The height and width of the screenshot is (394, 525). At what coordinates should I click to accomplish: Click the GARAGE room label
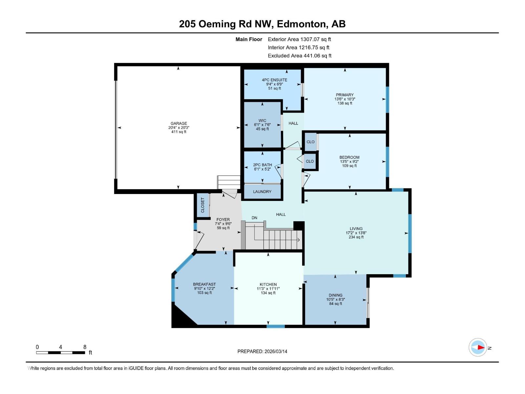[x=178, y=123]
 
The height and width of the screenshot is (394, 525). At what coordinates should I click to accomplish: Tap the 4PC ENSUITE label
[x=274, y=80]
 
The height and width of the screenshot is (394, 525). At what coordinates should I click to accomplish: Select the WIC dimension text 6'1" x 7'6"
[x=262, y=125]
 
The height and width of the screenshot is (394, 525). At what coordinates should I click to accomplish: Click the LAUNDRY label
[x=262, y=191]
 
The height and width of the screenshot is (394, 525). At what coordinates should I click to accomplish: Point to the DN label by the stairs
[x=254, y=218]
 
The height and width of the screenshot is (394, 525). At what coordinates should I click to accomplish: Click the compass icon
[x=478, y=347]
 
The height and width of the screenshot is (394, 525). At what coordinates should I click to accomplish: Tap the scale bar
[x=61, y=353]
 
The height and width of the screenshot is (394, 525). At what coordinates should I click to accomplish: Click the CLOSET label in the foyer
[x=202, y=205]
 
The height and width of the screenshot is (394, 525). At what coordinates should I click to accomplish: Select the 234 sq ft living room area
[x=356, y=237]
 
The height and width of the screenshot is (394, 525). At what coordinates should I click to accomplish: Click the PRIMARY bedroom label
[x=345, y=95]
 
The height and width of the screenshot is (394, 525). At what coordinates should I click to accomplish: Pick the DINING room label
[x=335, y=295]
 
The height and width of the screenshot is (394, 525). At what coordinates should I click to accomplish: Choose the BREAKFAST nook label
[x=204, y=284]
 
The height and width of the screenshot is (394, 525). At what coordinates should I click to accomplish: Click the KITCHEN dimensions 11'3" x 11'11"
[x=268, y=289]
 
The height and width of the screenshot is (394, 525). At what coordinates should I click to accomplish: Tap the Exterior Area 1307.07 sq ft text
[x=299, y=39]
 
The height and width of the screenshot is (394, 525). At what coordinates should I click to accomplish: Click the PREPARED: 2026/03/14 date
[x=262, y=351]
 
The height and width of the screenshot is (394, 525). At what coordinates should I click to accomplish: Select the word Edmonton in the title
[x=302, y=24]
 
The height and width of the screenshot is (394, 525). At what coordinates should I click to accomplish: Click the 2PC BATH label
[x=262, y=165]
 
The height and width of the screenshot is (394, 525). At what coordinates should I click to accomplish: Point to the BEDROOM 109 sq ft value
[x=349, y=166]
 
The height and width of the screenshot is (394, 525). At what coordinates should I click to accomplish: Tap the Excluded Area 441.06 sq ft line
[x=299, y=56]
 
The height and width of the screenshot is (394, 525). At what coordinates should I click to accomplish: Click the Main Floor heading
[x=249, y=39]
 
